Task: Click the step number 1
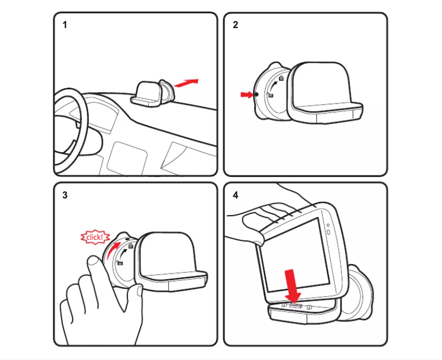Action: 65,25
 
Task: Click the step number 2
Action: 235,25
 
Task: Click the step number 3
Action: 65,195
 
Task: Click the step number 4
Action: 235,195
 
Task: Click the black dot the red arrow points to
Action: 257,95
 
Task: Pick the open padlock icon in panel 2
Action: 271,95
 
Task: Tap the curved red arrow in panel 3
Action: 114,251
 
